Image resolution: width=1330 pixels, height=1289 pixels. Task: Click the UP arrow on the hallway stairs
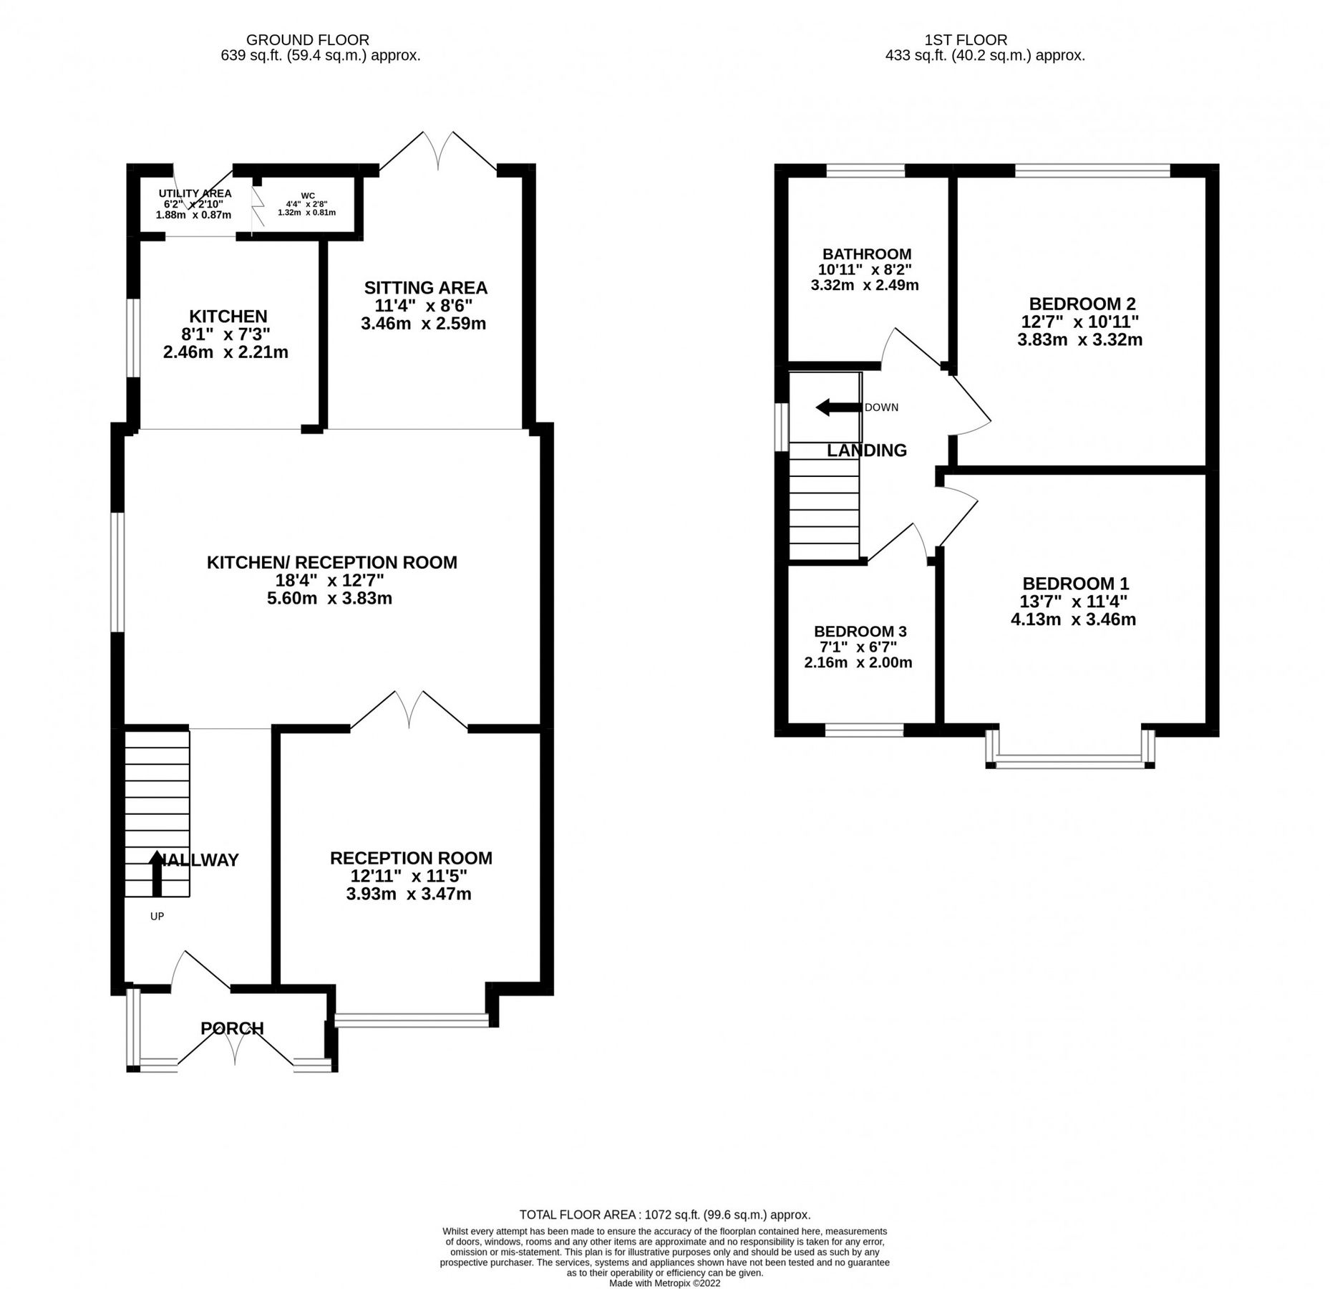tap(156, 873)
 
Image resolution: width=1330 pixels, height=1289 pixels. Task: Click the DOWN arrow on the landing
tap(838, 407)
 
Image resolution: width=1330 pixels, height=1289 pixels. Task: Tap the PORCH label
tap(232, 1028)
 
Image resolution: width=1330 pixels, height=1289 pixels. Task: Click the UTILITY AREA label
tap(195, 193)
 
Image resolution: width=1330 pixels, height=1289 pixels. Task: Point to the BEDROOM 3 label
tap(860, 631)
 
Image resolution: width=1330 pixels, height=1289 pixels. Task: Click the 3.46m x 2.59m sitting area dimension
tap(423, 323)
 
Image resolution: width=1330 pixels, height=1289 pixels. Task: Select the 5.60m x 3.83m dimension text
tap(329, 598)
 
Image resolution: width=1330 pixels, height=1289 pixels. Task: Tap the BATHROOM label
tap(866, 254)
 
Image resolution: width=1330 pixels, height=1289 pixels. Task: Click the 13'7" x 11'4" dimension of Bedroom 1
tap(1074, 602)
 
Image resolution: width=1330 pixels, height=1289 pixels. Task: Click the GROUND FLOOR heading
tap(308, 40)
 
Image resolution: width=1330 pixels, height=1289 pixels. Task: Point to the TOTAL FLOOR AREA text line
tap(664, 1215)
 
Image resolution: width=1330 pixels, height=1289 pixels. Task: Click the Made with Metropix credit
tap(664, 1283)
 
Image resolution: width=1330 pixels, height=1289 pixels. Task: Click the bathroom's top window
tap(865, 170)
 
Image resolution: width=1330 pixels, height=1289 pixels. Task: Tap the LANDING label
tap(866, 450)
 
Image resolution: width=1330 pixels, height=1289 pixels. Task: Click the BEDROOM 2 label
tap(1082, 304)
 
